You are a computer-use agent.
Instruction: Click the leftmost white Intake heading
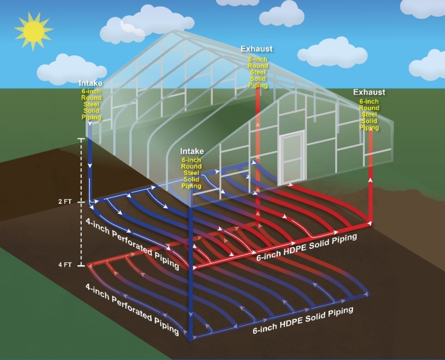(x=91, y=83)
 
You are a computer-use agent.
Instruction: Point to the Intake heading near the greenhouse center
(x=192, y=151)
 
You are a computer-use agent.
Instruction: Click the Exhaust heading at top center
(x=257, y=49)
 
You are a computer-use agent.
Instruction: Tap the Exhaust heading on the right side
(x=369, y=92)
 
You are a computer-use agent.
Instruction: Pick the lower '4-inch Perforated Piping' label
(x=132, y=309)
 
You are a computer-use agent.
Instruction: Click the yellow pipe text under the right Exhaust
(x=369, y=114)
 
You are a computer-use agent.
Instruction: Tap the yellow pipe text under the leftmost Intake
(x=91, y=104)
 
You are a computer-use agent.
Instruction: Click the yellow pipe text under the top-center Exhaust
(x=258, y=72)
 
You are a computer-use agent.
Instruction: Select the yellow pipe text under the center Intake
(x=192, y=173)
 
